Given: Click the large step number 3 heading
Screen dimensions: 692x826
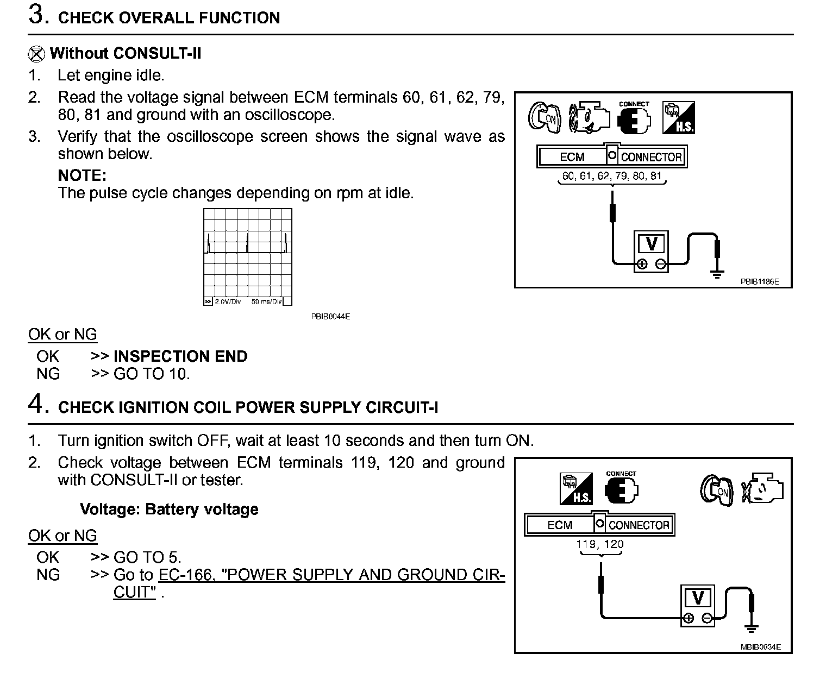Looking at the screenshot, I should [x=36, y=15].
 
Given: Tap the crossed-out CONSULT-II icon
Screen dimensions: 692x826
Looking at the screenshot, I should [x=36, y=54].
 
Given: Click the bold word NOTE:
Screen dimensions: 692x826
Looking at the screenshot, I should [x=82, y=175].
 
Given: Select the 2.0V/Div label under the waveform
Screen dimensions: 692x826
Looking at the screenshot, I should [x=227, y=301].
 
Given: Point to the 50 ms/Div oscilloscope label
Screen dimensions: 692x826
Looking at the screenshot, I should [x=266, y=301].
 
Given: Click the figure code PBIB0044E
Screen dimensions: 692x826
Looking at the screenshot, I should [x=330, y=316].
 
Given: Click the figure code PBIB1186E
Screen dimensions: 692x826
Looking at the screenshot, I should [x=759, y=282].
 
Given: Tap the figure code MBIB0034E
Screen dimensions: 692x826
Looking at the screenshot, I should [x=760, y=647].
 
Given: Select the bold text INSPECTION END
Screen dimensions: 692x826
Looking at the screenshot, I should [x=180, y=356].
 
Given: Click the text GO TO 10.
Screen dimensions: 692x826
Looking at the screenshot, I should [x=152, y=374].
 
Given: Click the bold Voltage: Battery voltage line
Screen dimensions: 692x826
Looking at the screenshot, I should [x=169, y=509].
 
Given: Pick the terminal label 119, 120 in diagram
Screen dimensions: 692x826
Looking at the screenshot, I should [x=600, y=544].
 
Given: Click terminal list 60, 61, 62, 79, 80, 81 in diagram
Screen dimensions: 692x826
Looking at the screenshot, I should [x=612, y=176].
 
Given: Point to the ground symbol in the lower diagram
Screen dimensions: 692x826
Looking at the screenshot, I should [x=752, y=628].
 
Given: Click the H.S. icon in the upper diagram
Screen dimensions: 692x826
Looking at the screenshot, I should [x=678, y=117].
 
